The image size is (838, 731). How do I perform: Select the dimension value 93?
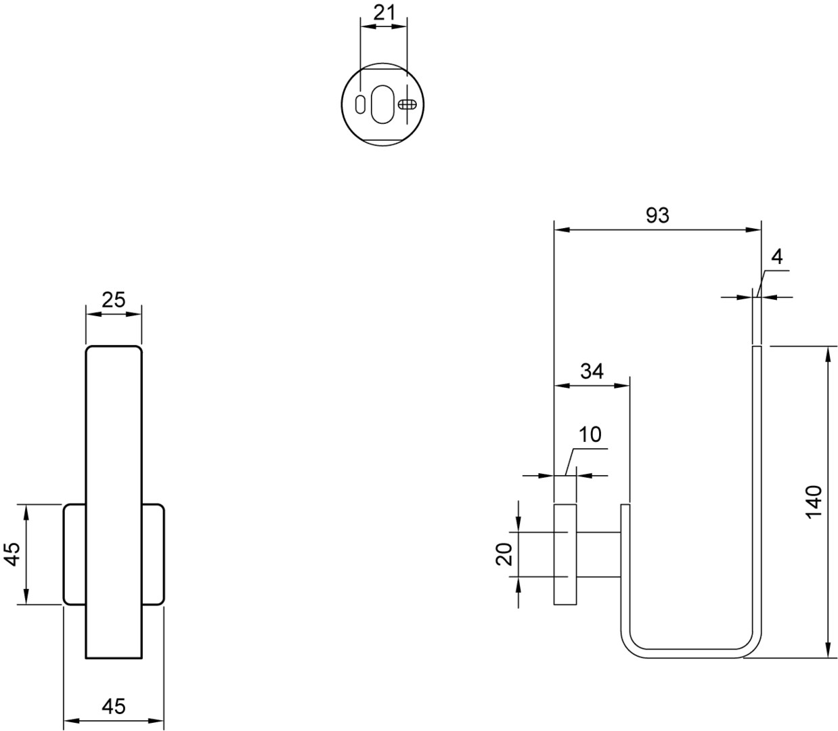click(x=657, y=215)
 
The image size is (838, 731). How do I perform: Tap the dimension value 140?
click(x=813, y=502)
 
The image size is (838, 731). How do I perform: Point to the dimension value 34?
click(x=592, y=371)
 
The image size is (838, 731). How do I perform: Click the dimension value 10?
click(x=590, y=435)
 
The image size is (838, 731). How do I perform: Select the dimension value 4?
click(x=776, y=257)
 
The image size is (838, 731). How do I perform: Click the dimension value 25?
click(x=113, y=299)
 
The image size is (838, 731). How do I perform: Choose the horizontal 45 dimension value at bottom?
click(x=113, y=707)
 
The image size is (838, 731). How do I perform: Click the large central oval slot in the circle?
click(x=382, y=104)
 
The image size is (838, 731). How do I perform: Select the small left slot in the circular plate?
click(x=361, y=104)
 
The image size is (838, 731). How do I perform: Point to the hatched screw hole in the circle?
click(x=406, y=104)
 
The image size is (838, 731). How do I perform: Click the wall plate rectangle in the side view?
click(x=565, y=554)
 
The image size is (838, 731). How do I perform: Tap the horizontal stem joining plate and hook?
click(x=598, y=554)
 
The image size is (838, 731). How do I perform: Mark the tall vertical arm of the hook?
click(x=757, y=494)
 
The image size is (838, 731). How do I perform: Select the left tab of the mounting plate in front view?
click(x=74, y=554)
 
